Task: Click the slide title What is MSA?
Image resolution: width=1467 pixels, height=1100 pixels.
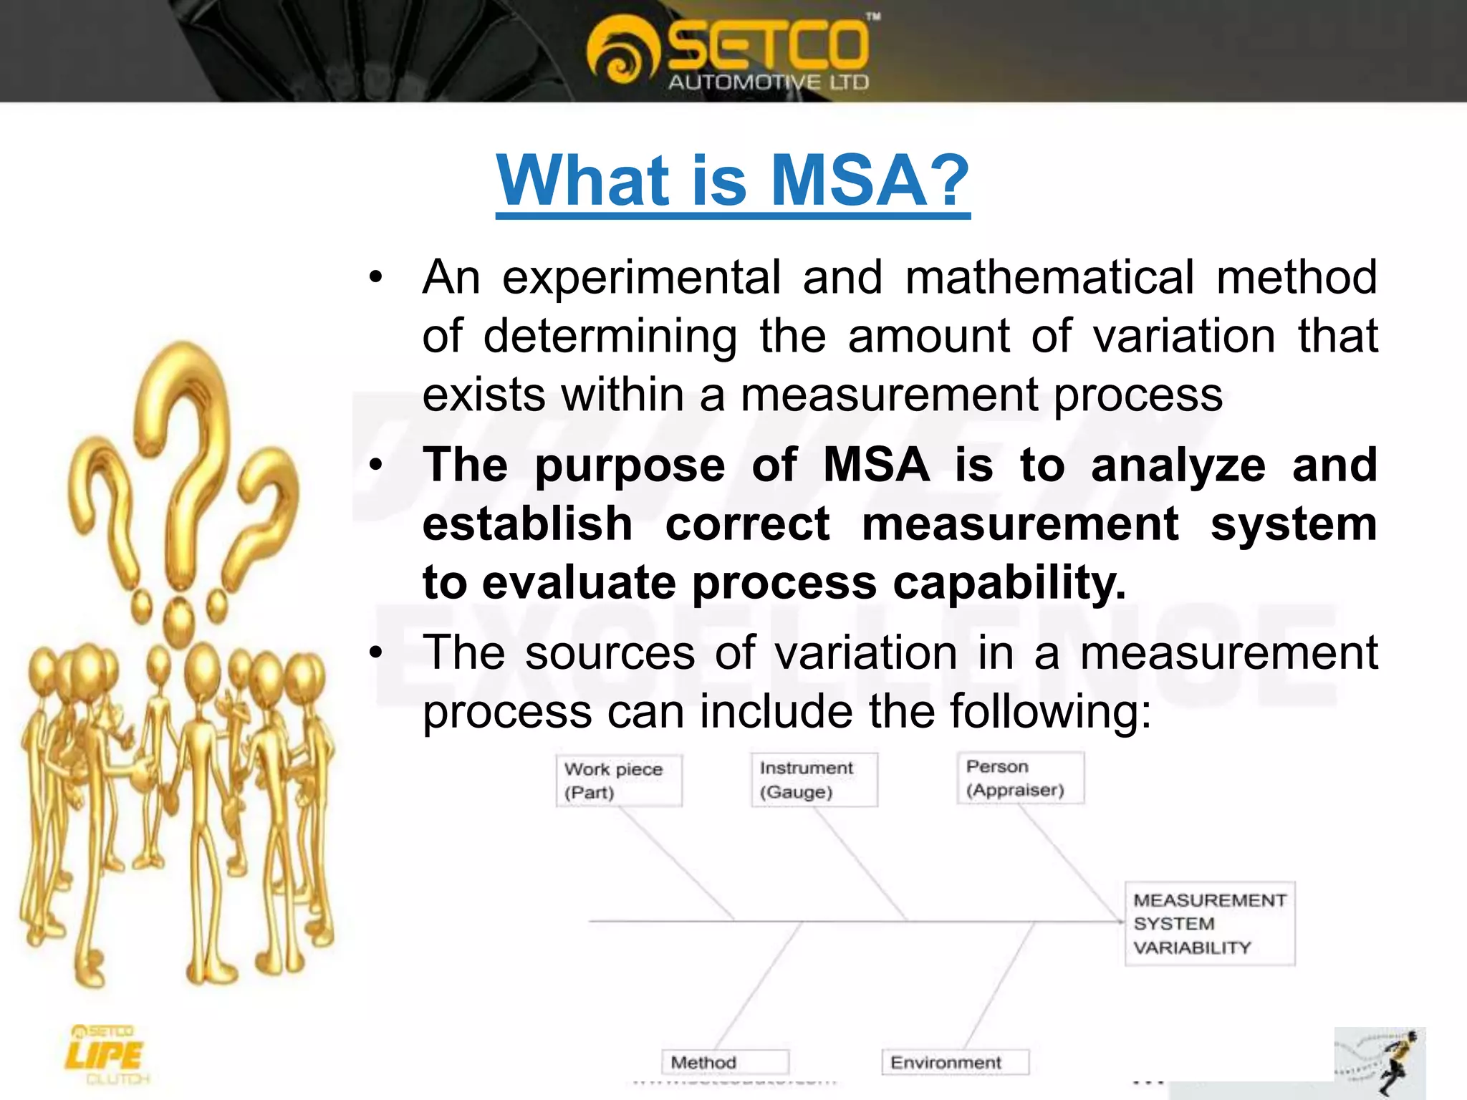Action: [732, 180]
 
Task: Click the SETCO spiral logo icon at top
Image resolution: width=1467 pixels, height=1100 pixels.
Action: [620, 57]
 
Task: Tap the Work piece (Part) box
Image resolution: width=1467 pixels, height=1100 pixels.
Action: [619, 781]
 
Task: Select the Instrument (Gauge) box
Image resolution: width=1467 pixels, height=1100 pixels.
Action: [814, 780]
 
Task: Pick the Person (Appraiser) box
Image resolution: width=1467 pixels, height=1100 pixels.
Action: [1020, 778]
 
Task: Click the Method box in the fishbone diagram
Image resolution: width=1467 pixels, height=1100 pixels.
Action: [724, 1062]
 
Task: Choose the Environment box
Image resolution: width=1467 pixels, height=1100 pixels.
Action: [954, 1062]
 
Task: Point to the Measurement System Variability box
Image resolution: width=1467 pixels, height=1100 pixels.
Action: [1209, 924]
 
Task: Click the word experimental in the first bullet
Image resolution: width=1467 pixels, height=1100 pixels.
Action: [641, 278]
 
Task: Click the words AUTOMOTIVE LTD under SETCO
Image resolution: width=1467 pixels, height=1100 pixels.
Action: [768, 83]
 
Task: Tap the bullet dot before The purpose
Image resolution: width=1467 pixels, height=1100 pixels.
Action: [376, 466]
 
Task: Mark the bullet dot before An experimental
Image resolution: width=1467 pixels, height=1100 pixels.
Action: [376, 278]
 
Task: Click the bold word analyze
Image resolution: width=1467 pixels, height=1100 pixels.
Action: [1178, 466]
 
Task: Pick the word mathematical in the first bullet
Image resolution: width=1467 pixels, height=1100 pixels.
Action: [1049, 278]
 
